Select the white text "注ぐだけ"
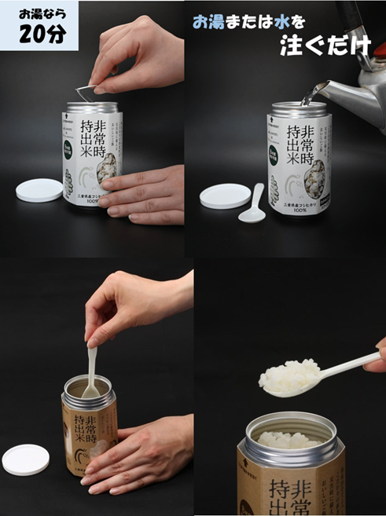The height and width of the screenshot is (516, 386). pyautogui.click(x=325, y=45)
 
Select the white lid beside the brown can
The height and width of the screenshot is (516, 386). pyautogui.click(x=25, y=459)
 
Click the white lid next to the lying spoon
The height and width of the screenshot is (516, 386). pyautogui.click(x=225, y=196)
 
